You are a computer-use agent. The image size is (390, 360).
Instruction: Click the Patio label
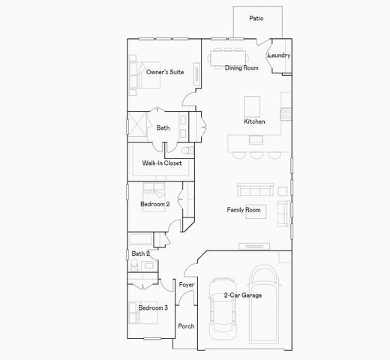[x=256, y=16]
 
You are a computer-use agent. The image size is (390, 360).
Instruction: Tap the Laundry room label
[x=279, y=55]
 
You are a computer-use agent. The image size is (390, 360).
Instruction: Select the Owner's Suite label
[x=165, y=72]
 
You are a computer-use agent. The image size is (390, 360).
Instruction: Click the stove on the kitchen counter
[x=285, y=114]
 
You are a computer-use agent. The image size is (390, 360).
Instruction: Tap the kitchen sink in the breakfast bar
[x=256, y=139]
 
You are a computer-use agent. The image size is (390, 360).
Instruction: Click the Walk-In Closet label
[x=162, y=163]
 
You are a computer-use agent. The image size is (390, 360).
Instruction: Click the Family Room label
[x=244, y=210]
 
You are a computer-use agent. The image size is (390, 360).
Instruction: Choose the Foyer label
[x=187, y=285]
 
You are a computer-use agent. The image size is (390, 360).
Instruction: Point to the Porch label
[x=186, y=326]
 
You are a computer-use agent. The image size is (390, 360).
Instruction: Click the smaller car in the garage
[x=223, y=308]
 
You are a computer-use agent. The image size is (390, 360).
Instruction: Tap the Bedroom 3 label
[x=153, y=307]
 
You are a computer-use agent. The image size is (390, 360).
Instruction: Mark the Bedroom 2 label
[x=155, y=203]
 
